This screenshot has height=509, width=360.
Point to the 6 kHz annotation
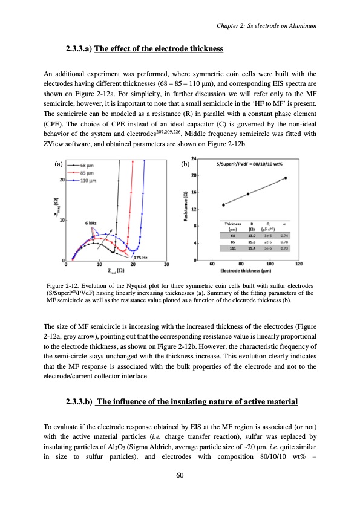[x=92, y=222]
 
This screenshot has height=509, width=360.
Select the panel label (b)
[x=185, y=163]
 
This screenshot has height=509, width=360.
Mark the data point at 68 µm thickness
[x=223, y=205]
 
